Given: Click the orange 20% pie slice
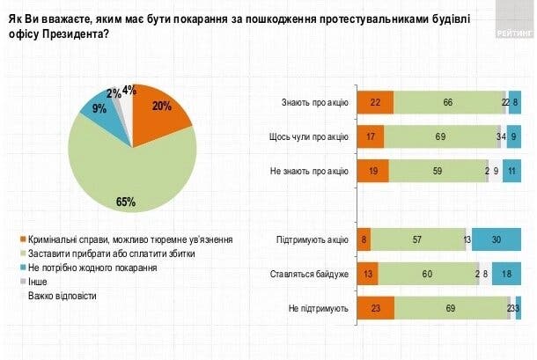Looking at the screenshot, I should coord(161,114).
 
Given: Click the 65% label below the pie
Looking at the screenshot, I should coord(126,202).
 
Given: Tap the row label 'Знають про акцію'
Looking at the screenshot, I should coord(313,103).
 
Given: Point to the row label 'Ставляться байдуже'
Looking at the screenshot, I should coord(310,273).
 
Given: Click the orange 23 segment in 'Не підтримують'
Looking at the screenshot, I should coord(377,307).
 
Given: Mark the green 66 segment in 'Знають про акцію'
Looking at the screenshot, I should coord(447,103).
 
